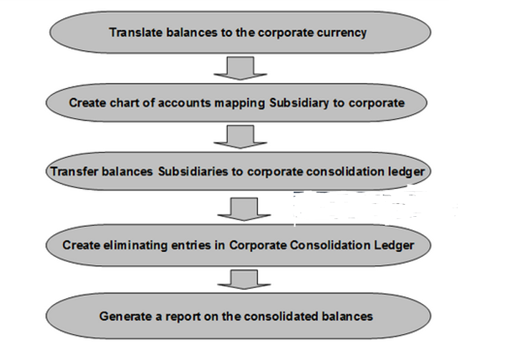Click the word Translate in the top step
click(133, 32)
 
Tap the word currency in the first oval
click(342, 32)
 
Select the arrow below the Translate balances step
click(240, 67)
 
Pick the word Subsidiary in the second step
click(299, 102)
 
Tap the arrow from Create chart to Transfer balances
click(240, 137)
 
